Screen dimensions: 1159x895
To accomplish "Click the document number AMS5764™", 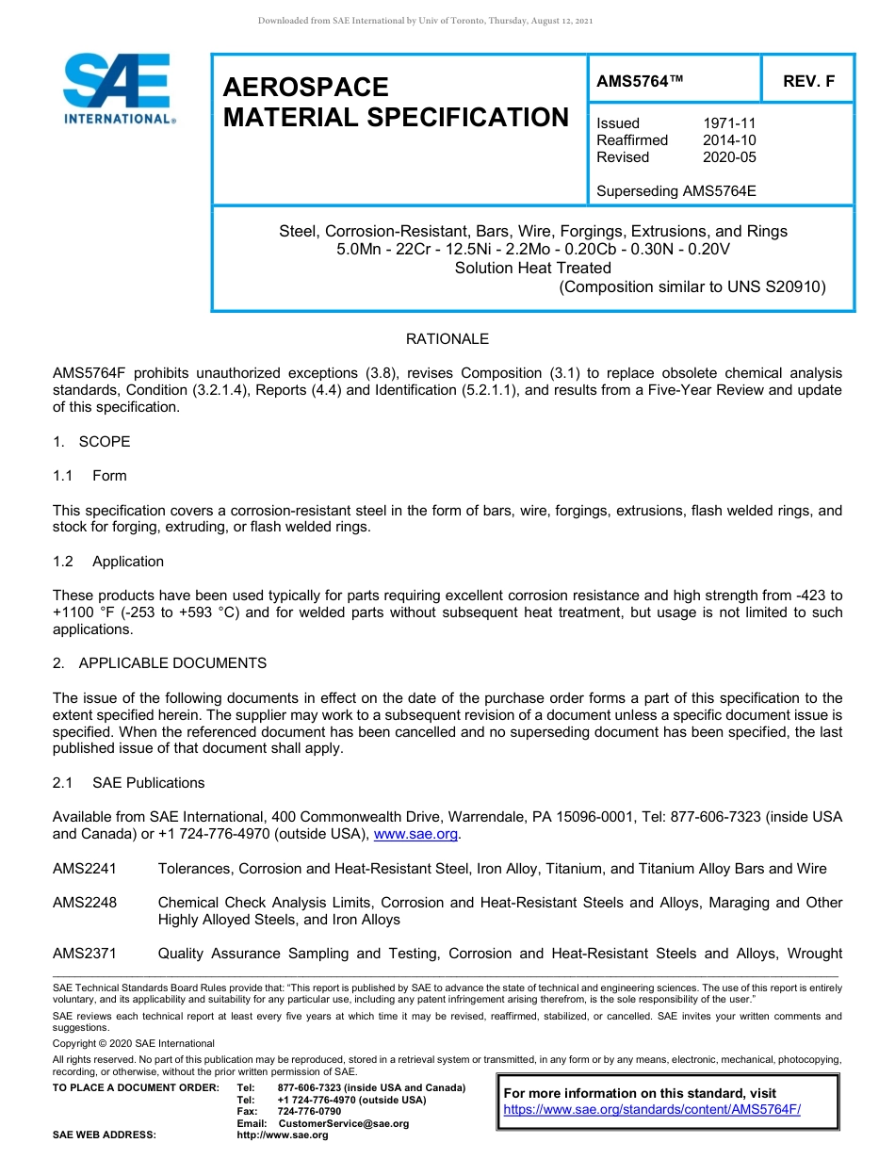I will [640, 82].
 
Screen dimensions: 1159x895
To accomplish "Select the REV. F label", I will [808, 82].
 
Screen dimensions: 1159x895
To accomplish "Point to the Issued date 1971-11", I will [729, 123].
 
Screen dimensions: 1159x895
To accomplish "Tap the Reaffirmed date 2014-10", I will [729, 140].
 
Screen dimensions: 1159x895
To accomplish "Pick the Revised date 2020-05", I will [729, 157].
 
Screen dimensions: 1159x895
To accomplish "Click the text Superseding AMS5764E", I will [675, 191].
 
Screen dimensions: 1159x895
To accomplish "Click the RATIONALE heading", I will [447, 339].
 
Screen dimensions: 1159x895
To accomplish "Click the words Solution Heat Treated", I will [532, 268].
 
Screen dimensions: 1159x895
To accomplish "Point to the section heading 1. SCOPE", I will [91, 442].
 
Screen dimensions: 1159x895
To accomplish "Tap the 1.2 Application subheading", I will [108, 562].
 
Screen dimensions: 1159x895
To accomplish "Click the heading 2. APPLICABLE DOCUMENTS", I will [159, 663].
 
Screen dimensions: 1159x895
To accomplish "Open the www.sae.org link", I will [415, 834].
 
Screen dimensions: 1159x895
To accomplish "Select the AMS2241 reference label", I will [85, 869].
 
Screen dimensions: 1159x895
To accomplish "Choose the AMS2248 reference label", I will [85, 903].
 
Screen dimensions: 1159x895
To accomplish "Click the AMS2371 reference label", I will [85, 954].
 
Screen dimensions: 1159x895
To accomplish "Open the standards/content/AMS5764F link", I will [652, 1109].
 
